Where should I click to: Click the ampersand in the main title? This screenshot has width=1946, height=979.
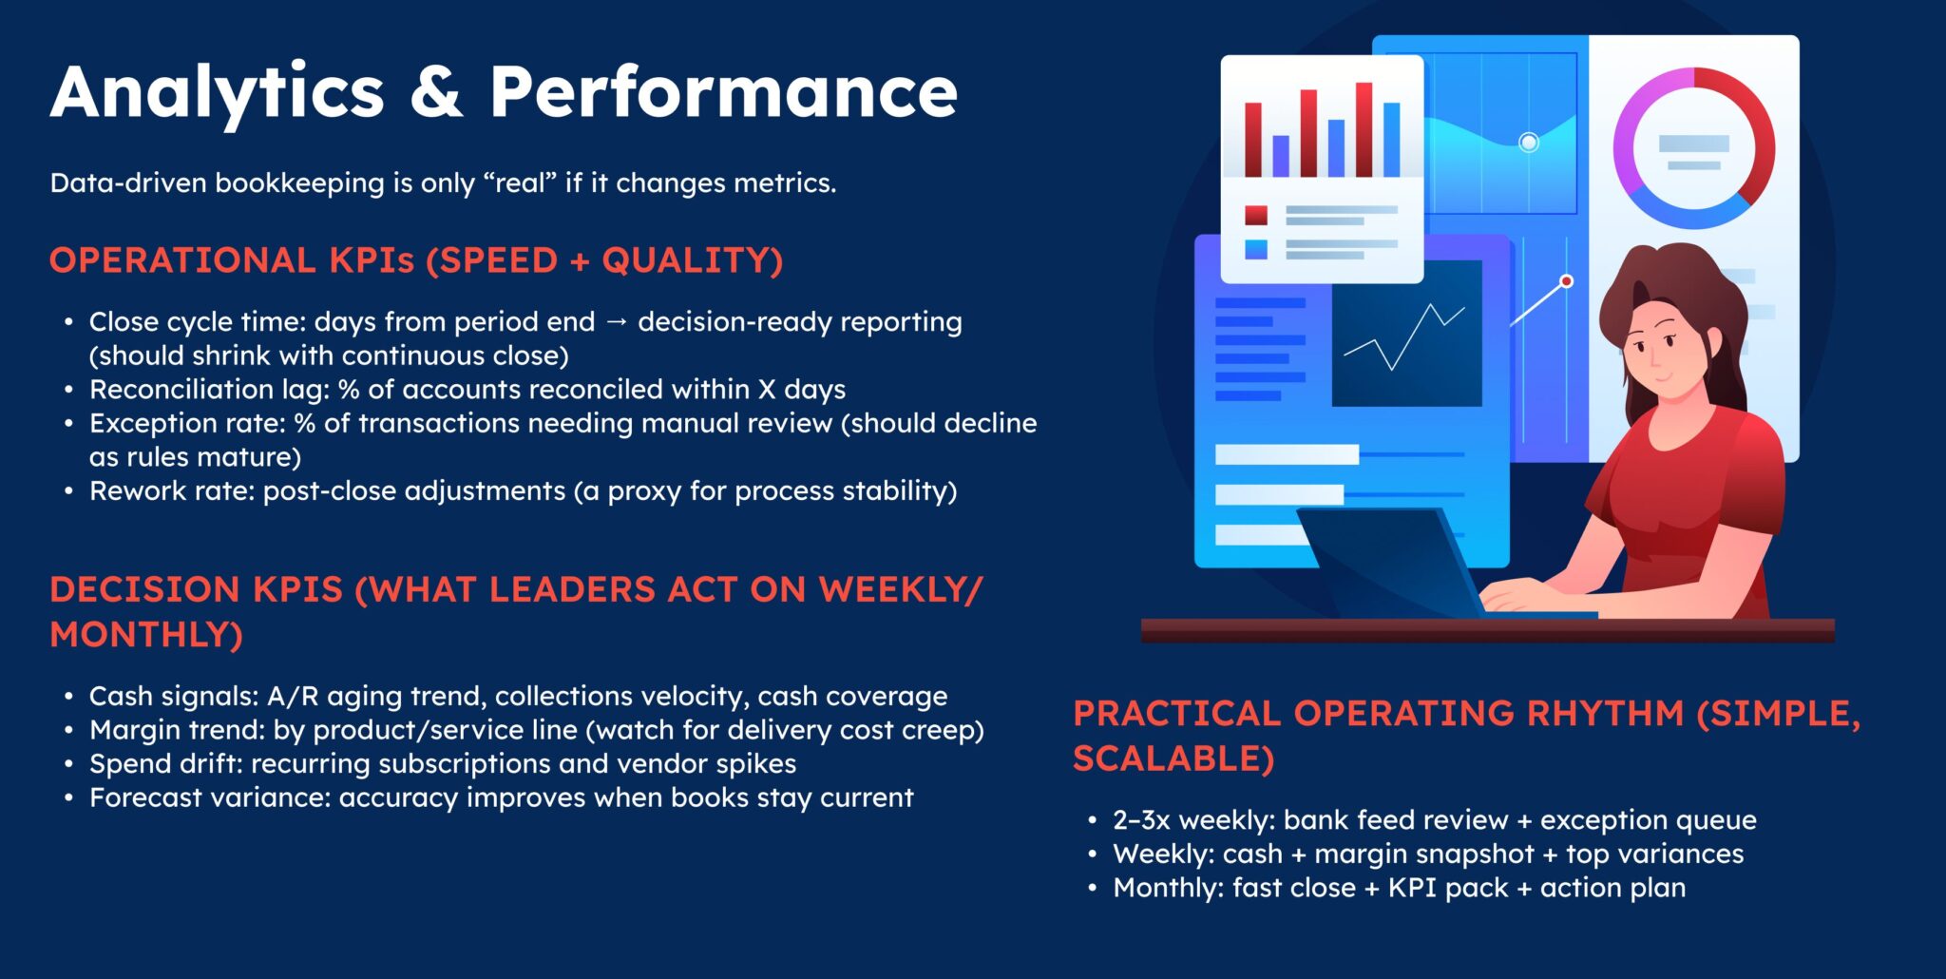[436, 92]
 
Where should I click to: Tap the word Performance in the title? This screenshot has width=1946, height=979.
[723, 92]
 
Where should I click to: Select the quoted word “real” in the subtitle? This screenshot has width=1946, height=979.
[522, 182]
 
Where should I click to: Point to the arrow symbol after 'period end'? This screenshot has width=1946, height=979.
[617, 322]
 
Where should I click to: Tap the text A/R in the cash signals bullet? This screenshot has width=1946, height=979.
[293, 697]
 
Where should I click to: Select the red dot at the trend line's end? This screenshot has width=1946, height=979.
[1567, 281]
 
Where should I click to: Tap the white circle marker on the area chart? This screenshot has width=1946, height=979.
[1529, 143]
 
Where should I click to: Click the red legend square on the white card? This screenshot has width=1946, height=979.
[1256, 216]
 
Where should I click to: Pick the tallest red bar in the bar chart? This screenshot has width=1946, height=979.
[1364, 130]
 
